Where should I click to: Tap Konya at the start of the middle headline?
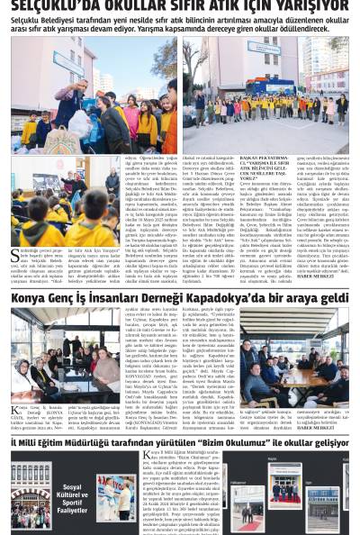tap(28, 297)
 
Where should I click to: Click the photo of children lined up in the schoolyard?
tap(264, 92)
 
